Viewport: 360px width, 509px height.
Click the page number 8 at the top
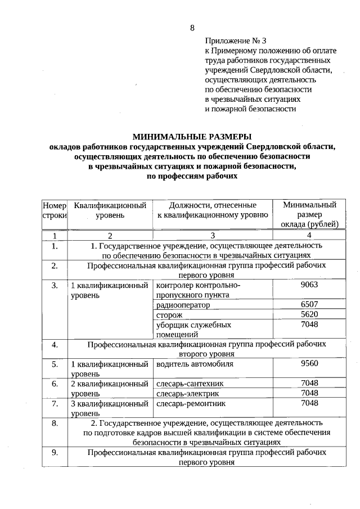(192, 28)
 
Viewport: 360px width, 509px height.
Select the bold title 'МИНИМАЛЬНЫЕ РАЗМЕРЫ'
(192, 137)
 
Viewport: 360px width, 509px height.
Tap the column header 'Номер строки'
(54, 210)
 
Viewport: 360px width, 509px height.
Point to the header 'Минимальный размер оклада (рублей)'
(309, 214)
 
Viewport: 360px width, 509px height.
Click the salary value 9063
(309, 285)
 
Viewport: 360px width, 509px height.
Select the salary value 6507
(309, 304)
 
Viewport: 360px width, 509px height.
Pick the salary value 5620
(309, 314)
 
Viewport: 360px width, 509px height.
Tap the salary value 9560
(309, 363)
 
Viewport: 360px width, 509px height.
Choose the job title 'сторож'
(169, 315)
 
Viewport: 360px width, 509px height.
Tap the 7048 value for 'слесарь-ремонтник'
(309, 403)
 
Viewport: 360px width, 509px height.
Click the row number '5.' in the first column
(54, 364)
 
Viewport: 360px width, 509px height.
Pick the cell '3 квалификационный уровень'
(109, 408)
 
